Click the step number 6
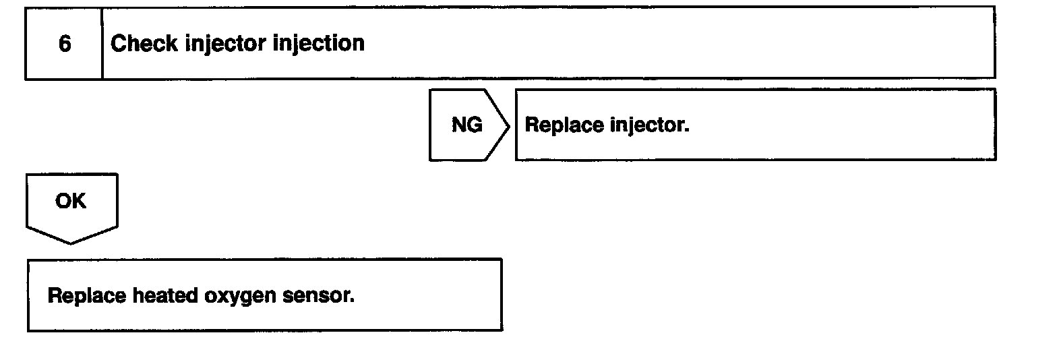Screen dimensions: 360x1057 pyautogui.click(x=65, y=44)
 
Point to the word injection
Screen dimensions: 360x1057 pyautogui.click(x=319, y=44)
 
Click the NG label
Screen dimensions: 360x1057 pyautogui.click(x=466, y=125)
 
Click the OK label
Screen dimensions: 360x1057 pyautogui.click(x=71, y=201)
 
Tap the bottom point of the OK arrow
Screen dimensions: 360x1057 pyautogui.click(x=71, y=243)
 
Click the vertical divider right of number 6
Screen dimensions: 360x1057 pyautogui.click(x=102, y=44)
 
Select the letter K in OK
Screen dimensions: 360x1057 pyautogui.click(x=79, y=201)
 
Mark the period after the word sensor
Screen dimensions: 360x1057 pyautogui.click(x=352, y=301)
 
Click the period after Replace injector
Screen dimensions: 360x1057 pyautogui.click(x=687, y=131)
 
